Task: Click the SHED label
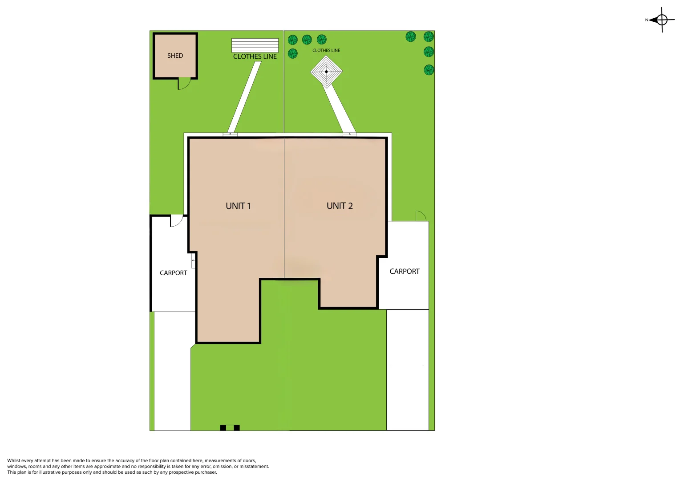175,56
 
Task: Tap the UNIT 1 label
238,206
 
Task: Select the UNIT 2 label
340,206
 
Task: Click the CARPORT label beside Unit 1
173,273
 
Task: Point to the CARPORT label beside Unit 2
404,271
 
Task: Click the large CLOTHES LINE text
255,56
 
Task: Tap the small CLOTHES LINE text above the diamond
326,50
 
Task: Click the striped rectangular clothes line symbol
255,45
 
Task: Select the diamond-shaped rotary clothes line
326,72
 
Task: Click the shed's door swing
183,83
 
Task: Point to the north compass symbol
661,20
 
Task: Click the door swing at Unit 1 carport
176,220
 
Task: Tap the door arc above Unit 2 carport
421,216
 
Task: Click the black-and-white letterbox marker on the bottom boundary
230,428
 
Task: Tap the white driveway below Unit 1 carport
172,371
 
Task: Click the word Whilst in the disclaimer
14,460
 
